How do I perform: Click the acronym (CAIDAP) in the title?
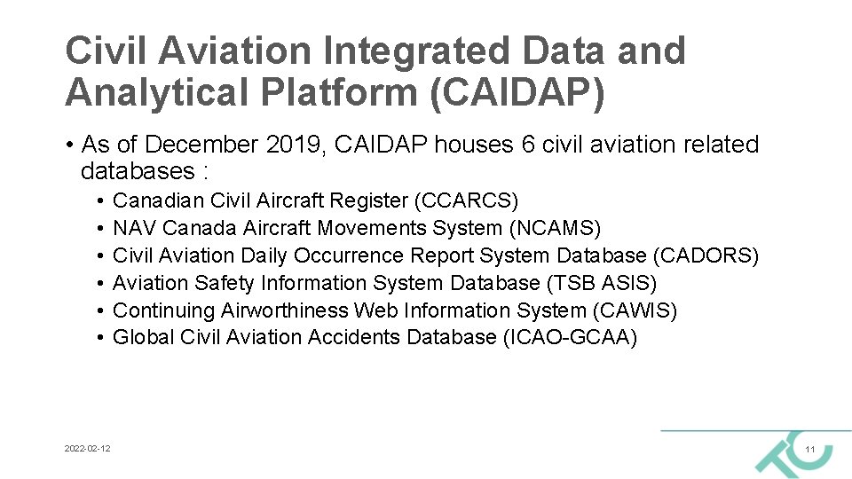pos(517,93)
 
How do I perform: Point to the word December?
pos(193,145)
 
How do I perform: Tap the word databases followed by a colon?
pos(138,170)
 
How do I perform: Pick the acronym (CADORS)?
pos(706,255)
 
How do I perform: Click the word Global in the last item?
pos(144,337)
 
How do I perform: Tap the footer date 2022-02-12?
pos(88,450)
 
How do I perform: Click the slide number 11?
pos(809,451)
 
